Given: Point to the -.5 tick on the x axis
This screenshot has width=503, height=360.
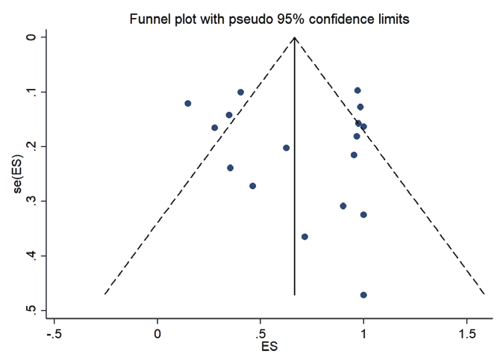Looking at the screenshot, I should (x=54, y=331).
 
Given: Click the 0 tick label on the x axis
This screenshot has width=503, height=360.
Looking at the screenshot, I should (x=157, y=331).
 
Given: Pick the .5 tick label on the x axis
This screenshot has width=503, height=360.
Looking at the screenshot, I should (x=259, y=331).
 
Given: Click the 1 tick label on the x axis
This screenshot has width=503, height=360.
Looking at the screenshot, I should (x=363, y=331).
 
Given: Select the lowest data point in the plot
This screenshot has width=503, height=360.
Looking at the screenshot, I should (x=363, y=295).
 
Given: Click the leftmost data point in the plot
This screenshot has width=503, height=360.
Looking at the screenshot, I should (x=188, y=103).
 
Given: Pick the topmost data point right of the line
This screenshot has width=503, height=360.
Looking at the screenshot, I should (x=357, y=90).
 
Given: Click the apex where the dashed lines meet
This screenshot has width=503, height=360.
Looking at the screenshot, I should (x=295, y=37).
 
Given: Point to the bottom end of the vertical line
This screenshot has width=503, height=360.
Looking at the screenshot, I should (x=295, y=295).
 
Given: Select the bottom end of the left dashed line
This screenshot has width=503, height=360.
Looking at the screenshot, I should (x=104, y=294).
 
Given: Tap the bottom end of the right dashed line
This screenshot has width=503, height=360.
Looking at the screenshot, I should (x=485, y=294).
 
